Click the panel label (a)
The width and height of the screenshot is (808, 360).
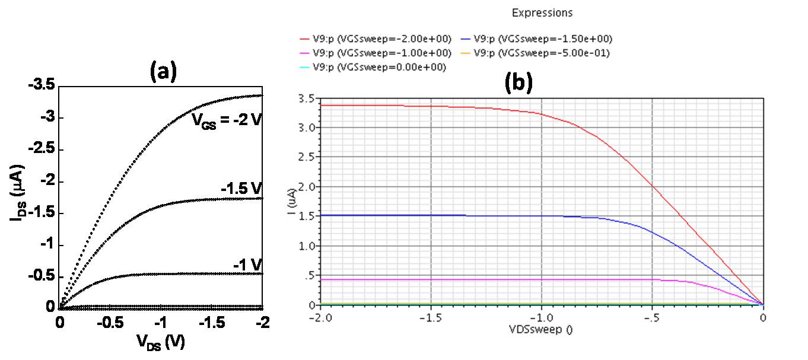(163, 72)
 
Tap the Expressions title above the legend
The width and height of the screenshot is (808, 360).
(542, 12)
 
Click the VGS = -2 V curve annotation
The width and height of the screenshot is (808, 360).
(226, 120)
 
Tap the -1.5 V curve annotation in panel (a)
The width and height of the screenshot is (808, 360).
(241, 189)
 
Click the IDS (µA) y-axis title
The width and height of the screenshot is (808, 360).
(16, 196)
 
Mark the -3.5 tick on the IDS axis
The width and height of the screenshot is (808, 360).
(42, 86)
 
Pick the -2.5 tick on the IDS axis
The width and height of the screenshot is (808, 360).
(42, 149)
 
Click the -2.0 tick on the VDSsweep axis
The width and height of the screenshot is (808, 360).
(320, 317)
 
